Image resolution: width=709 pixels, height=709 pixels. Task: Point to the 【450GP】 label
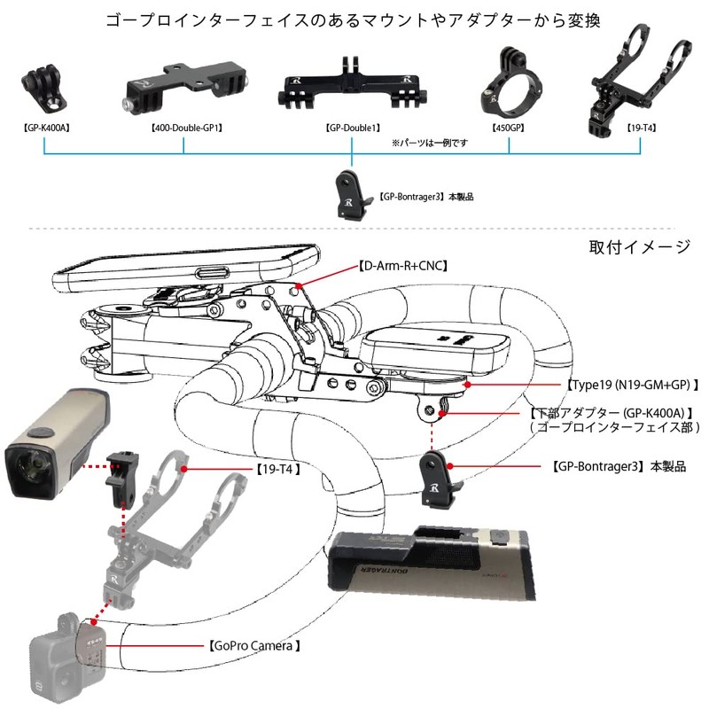click(509, 128)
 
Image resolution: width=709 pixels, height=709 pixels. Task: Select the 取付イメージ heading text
click(639, 246)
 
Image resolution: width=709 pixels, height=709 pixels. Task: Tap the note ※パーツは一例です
click(429, 142)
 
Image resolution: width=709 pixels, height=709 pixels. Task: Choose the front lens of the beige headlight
click(33, 461)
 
